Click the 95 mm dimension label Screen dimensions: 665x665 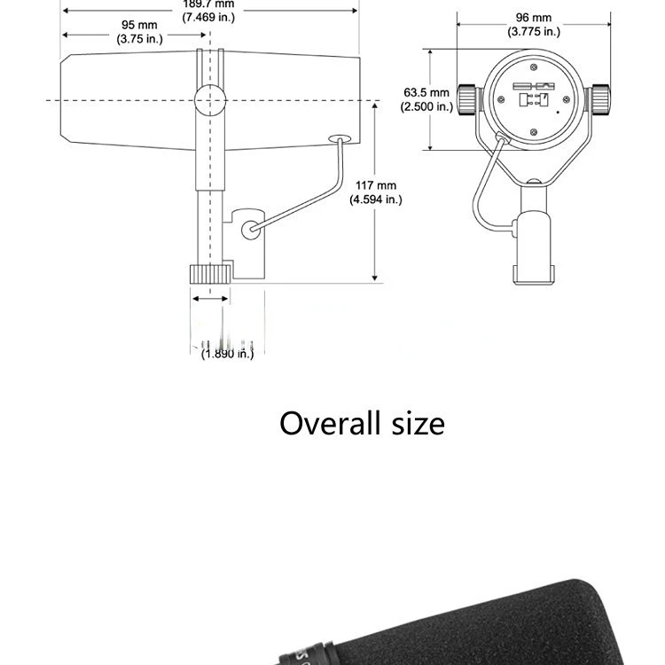[x=134, y=25]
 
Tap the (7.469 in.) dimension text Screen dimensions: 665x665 [x=209, y=18]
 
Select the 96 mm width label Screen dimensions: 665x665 [x=534, y=18]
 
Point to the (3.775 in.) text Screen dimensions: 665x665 [x=534, y=32]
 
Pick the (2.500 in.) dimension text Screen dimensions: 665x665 [x=427, y=106]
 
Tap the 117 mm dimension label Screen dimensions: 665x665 [x=376, y=185]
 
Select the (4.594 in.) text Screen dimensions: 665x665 [x=376, y=199]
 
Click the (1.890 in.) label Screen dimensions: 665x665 [x=227, y=354]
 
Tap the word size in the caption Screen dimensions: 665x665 [x=418, y=423]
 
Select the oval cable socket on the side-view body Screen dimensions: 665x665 [x=340, y=139]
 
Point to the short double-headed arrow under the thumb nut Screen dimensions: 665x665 [x=211, y=299]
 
